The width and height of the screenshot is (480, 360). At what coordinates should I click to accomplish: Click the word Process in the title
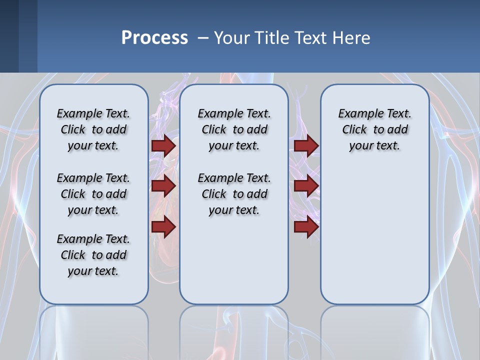(154, 37)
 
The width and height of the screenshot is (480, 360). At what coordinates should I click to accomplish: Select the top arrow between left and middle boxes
(163, 146)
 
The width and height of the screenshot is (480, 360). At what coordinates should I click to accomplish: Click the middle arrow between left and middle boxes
(163, 186)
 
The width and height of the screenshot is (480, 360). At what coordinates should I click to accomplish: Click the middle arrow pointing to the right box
(306, 186)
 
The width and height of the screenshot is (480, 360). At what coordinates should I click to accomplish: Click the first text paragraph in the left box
(93, 129)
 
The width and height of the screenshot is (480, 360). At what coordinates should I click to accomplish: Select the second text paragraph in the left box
(93, 194)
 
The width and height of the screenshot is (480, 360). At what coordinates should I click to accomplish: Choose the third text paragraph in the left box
(93, 255)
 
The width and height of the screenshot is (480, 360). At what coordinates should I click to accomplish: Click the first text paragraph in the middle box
(234, 129)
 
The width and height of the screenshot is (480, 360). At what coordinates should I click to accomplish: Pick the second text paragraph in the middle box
(234, 194)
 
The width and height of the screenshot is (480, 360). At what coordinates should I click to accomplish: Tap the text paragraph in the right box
(374, 129)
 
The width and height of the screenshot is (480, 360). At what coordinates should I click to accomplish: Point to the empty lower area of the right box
(374, 235)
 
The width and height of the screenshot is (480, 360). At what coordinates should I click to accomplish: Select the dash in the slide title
(203, 38)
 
